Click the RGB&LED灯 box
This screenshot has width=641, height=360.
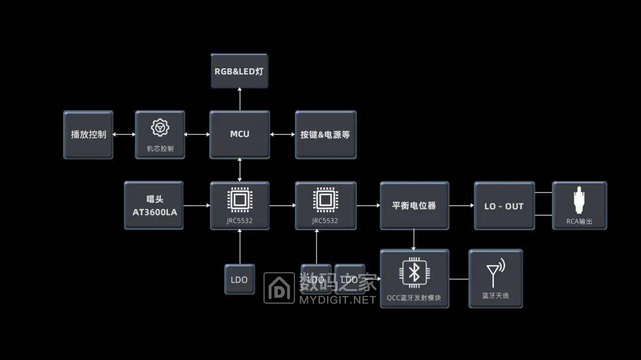[240, 71]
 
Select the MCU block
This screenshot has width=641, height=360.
[240, 135]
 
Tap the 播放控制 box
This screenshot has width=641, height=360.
[88, 135]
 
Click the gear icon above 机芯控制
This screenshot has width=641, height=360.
[160, 128]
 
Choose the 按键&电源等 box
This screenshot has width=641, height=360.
[326, 135]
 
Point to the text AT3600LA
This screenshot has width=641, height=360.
[154, 212]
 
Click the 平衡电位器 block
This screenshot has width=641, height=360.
[414, 206]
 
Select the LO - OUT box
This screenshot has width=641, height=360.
[504, 206]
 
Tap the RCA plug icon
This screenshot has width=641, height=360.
[579, 200]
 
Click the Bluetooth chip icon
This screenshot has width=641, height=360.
[414, 273]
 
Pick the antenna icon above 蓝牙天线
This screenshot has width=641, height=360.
[496, 273]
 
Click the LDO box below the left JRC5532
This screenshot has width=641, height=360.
[240, 279]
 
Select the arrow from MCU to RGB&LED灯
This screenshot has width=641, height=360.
[240, 99]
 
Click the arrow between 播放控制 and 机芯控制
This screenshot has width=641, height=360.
[124, 135]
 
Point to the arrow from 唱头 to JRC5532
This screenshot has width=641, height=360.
[196, 206]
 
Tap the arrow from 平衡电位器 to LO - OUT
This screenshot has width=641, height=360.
[462, 206]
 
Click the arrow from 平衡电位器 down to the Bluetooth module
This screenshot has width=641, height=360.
[414, 240]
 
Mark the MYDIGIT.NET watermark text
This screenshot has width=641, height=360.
[338, 300]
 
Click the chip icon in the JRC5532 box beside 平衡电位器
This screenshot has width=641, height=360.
[325, 200]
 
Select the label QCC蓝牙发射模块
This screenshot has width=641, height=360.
[414, 298]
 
